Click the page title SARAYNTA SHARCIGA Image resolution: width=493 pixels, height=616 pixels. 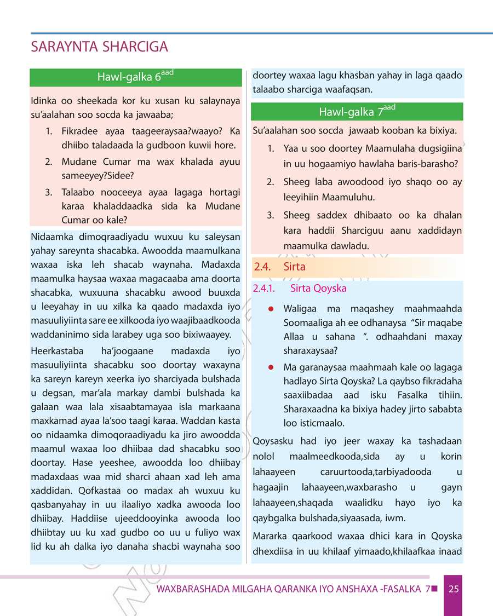(100, 47)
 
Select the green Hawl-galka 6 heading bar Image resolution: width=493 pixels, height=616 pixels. (135, 77)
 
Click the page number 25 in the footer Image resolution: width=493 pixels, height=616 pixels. (453, 589)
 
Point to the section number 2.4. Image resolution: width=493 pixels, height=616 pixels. (263, 267)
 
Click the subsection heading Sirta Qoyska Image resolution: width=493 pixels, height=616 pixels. (318, 288)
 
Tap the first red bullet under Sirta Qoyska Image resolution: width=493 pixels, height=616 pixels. (271, 309)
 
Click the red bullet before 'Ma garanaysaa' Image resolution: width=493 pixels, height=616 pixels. (271, 367)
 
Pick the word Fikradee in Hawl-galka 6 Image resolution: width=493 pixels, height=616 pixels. (81, 132)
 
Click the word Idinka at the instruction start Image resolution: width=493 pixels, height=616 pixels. (43, 101)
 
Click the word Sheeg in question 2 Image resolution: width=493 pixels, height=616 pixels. (295, 182)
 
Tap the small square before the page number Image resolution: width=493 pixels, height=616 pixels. (434, 589)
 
